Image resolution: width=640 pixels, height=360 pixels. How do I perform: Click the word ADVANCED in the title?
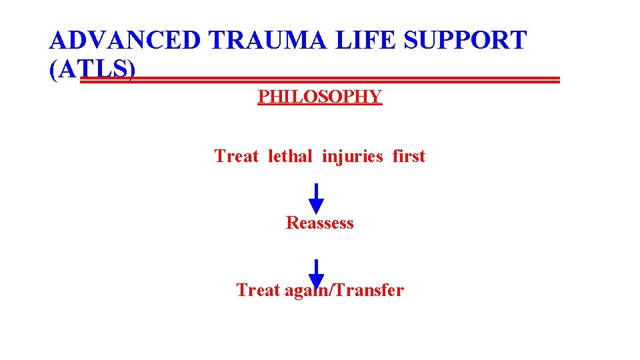point(125,41)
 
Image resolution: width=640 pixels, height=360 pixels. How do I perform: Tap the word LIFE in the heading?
point(363,41)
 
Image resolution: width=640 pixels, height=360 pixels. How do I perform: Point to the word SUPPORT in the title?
point(467,41)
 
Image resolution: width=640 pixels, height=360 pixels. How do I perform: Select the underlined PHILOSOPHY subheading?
point(320,97)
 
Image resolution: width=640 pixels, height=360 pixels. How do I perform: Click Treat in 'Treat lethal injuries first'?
point(236,157)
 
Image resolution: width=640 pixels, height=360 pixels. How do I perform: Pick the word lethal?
point(290,157)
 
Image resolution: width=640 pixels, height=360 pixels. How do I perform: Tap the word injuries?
point(353,157)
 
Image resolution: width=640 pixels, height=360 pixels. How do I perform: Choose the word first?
point(409,157)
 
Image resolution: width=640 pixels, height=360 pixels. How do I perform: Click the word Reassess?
point(320,223)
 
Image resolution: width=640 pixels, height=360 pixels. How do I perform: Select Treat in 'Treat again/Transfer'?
point(258,291)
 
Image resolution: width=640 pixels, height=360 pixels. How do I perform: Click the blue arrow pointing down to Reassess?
point(317,198)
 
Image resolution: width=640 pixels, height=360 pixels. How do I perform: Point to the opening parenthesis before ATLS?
point(53,70)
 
